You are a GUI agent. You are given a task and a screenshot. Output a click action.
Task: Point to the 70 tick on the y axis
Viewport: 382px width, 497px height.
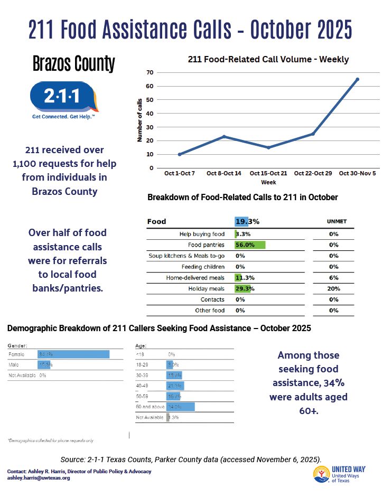pyautogui.click(x=151, y=72)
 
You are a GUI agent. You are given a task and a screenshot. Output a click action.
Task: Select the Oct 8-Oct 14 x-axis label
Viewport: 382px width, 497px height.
pyautogui.click(x=224, y=173)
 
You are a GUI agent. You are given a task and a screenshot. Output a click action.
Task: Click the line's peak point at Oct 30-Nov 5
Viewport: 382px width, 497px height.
pyautogui.click(x=357, y=79)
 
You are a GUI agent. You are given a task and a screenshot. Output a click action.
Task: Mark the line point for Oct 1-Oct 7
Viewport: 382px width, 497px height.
pyautogui.click(x=180, y=154)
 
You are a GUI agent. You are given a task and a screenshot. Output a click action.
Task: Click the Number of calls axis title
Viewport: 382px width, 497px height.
pyautogui.click(x=140, y=119)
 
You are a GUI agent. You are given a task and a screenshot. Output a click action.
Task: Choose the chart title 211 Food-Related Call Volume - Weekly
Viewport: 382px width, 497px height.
pyautogui.click(x=268, y=59)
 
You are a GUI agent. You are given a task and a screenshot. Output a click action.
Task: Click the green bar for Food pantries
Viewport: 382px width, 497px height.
pyautogui.click(x=250, y=245)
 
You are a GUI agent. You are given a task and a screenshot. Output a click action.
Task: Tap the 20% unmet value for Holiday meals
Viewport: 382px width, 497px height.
pyautogui.click(x=333, y=289)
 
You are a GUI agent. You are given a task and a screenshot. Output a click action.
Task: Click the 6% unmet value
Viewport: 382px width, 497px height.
pyautogui.click(x=333, y=278)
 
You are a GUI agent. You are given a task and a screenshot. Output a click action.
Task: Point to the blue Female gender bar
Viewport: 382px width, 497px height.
pyautogui.click(x=73, y=354)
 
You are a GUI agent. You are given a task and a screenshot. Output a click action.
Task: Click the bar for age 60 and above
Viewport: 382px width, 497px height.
pyautogui.click(x=181, y=407)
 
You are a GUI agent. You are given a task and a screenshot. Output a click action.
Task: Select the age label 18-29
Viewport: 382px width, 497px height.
pyautogui.click(x=143, y=364)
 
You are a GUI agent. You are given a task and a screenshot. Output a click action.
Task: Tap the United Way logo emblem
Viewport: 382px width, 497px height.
pyautogui.click(x=322, y=474)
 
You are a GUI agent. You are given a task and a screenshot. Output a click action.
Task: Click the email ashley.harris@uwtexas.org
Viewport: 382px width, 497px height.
pyautogui.click(x=38, y=478)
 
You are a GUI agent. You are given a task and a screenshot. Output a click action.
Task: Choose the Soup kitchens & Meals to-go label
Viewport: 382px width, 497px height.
pyautogui.click(x=187, y=256)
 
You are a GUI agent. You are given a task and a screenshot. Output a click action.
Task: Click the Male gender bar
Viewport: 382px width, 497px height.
pyautogui.click(x=44, y=365)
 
